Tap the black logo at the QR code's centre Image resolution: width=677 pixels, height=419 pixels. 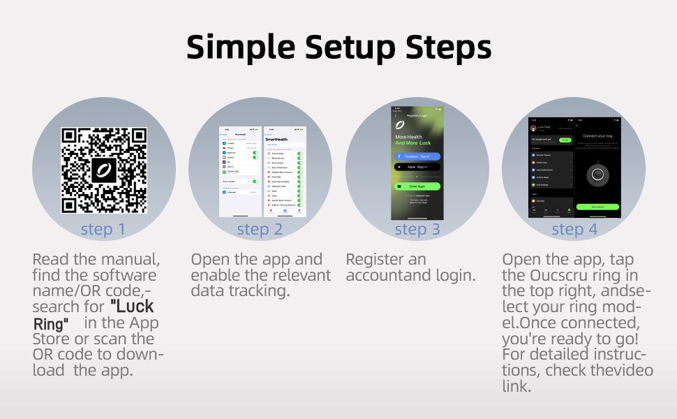tap(104, 170)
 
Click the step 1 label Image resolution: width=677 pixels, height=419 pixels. tap(103, 229)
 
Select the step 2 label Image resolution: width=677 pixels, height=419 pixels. tap(260, 229)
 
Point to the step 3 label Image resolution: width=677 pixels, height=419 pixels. tap(417, 229)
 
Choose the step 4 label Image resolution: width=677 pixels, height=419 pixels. tap(574, 229)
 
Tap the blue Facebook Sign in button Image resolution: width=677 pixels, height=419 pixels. tap(417, 157)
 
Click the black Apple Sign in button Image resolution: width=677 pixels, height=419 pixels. tap(417, 168)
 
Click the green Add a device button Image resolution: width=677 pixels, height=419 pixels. tap(597, 207)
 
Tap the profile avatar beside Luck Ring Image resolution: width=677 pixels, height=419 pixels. tap(533, 128)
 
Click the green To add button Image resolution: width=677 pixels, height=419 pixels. tap(565, 140)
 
